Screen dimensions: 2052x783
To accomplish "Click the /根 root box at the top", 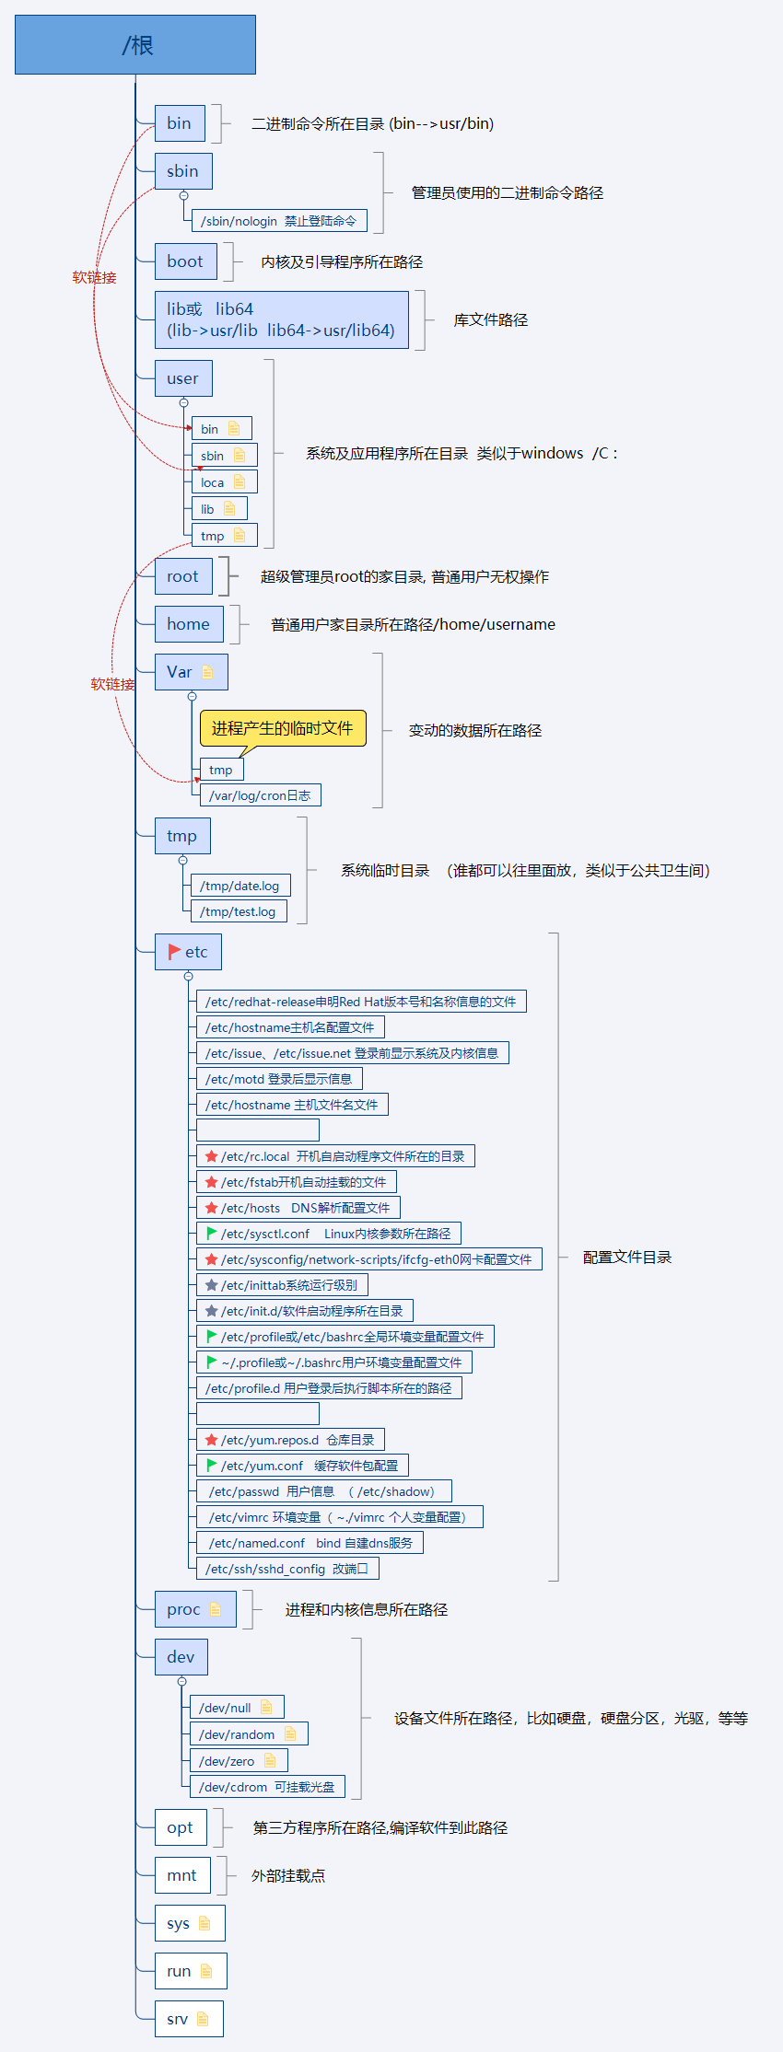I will [135, 44].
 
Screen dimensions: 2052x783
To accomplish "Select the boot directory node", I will [185, 261].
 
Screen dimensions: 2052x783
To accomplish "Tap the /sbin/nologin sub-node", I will [278, 221].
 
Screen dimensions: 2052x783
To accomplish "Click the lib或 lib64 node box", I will [281, 319].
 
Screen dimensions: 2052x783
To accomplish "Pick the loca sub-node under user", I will [224, 482].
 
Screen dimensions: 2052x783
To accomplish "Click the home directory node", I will [188, 624].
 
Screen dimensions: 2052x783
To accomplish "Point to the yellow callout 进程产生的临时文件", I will [282, 728].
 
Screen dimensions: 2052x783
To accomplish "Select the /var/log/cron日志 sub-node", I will [260, 795].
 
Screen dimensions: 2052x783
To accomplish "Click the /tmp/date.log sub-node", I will [240, 886].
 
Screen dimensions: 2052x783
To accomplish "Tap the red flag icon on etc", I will [174, 952].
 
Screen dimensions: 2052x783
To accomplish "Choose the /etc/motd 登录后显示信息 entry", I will [278, 1079].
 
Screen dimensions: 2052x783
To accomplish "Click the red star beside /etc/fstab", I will [211, 1182].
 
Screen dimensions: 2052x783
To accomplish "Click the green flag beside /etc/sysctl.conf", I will [211, 1234].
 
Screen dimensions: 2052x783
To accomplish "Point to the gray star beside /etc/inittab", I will [211, 1285].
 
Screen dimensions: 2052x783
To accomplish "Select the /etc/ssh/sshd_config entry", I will [286, 1569].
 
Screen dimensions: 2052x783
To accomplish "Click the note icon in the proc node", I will [216, 1609].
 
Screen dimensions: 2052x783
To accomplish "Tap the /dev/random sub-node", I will [247, 1734].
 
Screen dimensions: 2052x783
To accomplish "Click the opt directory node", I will [181, 1827].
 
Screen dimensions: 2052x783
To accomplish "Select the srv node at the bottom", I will [188, 2019].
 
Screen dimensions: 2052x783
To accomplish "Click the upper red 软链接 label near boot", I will [94, 277].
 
